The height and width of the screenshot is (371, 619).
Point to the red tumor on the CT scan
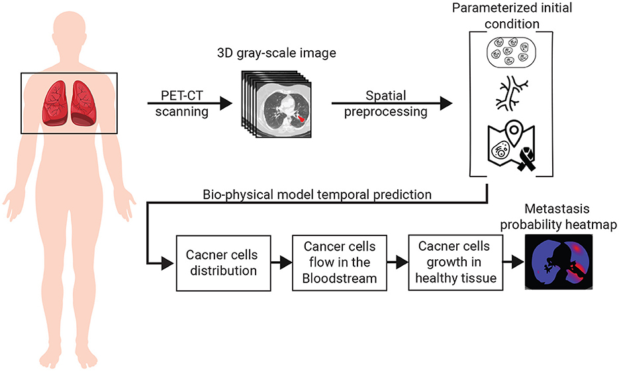[301, 119]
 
